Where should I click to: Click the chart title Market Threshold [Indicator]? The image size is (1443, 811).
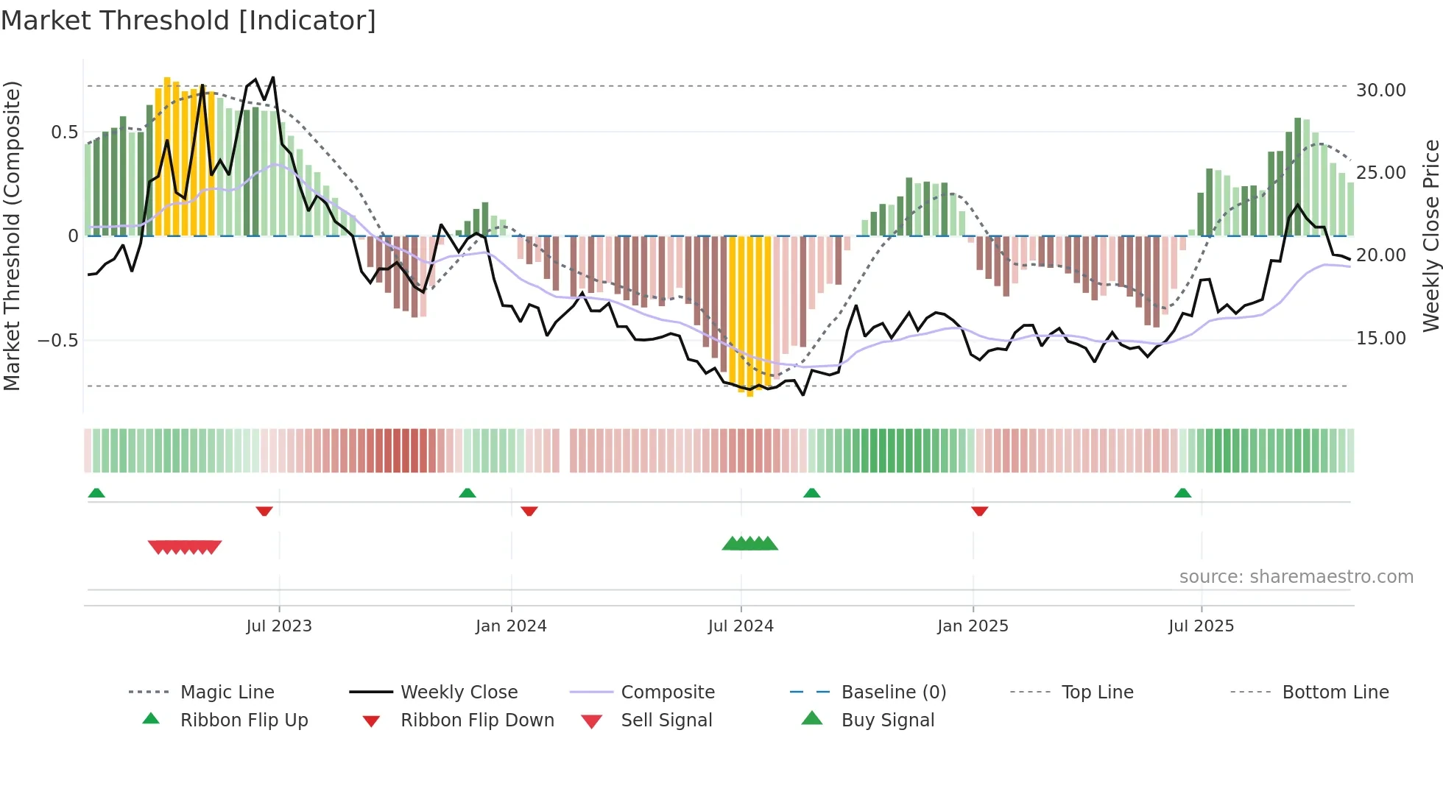coord(188,21)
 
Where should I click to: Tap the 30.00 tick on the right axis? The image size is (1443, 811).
coord(1380,91)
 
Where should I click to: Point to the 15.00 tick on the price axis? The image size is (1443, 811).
coord(1380,339)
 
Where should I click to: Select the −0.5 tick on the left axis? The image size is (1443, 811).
coord(57,341)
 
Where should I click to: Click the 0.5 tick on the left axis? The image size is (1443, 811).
coord(64,132)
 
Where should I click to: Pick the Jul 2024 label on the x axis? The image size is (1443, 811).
coord(741,626)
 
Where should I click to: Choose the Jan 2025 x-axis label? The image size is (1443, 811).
coord(973,626)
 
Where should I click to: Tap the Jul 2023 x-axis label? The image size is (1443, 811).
coord(279,626)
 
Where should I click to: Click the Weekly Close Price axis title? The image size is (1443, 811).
coord(1430,235)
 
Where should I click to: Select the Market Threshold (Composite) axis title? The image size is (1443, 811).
coord(12,235)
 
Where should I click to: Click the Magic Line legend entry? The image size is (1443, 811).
coord(227,693)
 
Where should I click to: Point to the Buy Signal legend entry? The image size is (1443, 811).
coord(887,720)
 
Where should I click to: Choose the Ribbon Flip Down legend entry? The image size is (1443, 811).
coord(477,720)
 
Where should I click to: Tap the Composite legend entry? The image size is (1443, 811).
coord(667,693)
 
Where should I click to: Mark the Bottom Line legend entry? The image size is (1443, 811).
coord(1335,693)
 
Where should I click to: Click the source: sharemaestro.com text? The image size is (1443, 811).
coord(1296,577)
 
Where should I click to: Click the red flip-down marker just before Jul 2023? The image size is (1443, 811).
coord(264,511)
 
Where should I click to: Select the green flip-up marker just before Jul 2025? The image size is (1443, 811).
coord(1182,493)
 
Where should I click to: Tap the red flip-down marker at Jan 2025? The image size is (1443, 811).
coord(979,511)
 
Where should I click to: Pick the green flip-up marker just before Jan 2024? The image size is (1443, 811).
coord(468,493)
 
